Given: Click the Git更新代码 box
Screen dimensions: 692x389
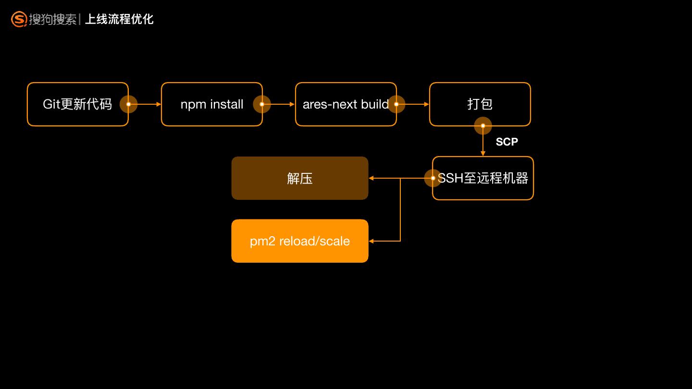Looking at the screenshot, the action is [x=78, y=104].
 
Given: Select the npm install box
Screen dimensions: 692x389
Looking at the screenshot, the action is [x=212, y=104].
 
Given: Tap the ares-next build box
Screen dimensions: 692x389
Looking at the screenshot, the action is [x=346, y=104].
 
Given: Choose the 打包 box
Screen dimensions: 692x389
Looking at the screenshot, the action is [x=480, y=104].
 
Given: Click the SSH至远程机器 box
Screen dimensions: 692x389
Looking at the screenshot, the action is [x=483, y=178].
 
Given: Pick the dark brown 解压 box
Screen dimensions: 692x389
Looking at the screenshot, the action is [x=300, y=178].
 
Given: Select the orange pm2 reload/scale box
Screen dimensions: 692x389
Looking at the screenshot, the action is [x=300, y=241].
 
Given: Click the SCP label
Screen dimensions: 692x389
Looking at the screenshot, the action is [x=507, y=142].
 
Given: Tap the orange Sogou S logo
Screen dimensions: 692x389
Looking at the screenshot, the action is [x=19, y=19].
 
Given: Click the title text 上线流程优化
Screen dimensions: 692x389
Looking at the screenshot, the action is [x=119, y=19].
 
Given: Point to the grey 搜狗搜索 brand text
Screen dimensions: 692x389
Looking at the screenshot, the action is [x=53, y=19].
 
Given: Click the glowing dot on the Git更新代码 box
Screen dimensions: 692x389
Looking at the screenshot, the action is [x=128, y=104].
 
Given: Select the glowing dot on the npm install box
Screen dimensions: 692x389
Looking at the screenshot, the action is [x=261, y=104].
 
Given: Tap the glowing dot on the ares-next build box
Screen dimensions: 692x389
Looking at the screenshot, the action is [x=396, y=104].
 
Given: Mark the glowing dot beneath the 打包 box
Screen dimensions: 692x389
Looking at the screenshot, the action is [x=483, y=126].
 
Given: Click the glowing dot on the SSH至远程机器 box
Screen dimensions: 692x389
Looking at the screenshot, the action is [x=433, y=178].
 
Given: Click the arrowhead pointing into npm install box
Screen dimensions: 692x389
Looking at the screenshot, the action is [x=159, y=104].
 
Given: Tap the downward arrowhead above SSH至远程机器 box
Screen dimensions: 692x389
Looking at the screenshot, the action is [x=483, y=154].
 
